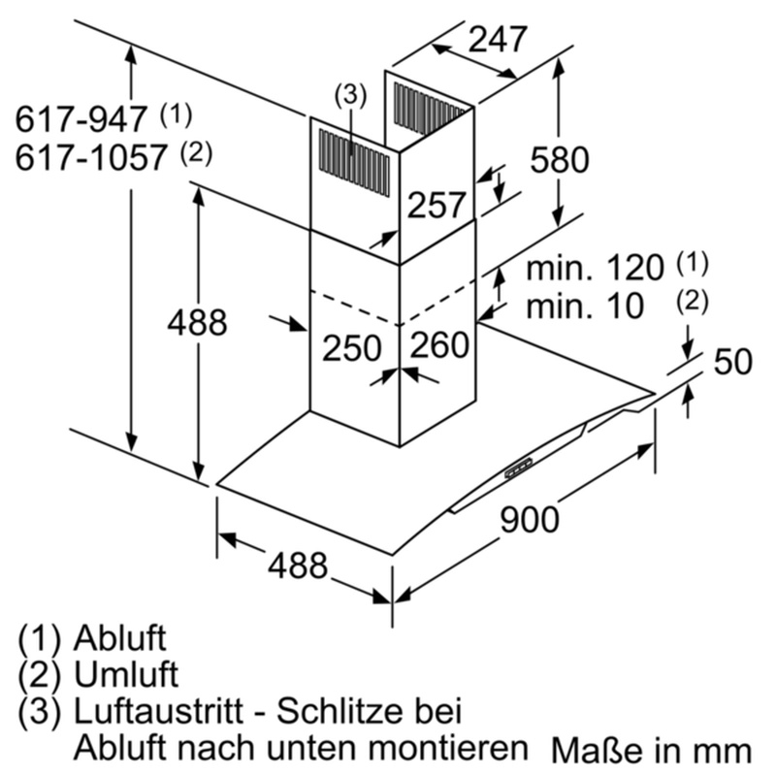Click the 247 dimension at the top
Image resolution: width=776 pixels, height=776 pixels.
pos(497,40)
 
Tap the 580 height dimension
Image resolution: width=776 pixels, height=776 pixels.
pos(560,160)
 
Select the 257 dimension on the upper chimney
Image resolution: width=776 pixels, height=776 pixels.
pos(436,205)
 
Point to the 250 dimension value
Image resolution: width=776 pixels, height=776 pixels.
pos(351,347)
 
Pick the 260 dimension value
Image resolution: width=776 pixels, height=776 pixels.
pos(439,344)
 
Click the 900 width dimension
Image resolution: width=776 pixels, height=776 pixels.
pos(529,520)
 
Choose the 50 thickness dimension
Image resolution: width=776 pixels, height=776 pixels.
pos(733,361)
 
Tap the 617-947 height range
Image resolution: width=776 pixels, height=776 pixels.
pos(81,118)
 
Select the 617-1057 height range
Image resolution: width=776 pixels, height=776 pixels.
pos(90,157)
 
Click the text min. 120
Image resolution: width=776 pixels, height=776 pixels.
pos(594,268)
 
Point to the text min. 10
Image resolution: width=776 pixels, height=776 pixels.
pos(585,306)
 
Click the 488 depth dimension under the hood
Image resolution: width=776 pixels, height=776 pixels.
pos(298,565)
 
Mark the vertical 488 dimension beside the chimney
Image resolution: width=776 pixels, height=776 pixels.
pos(197,323)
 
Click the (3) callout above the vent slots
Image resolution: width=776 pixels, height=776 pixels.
pos(350,95)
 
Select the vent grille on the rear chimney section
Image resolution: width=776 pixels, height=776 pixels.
pos(429,110)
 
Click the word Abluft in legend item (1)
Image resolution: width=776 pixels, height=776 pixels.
pos(119,638)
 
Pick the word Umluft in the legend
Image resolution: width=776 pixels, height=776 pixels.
pos(126,674)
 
